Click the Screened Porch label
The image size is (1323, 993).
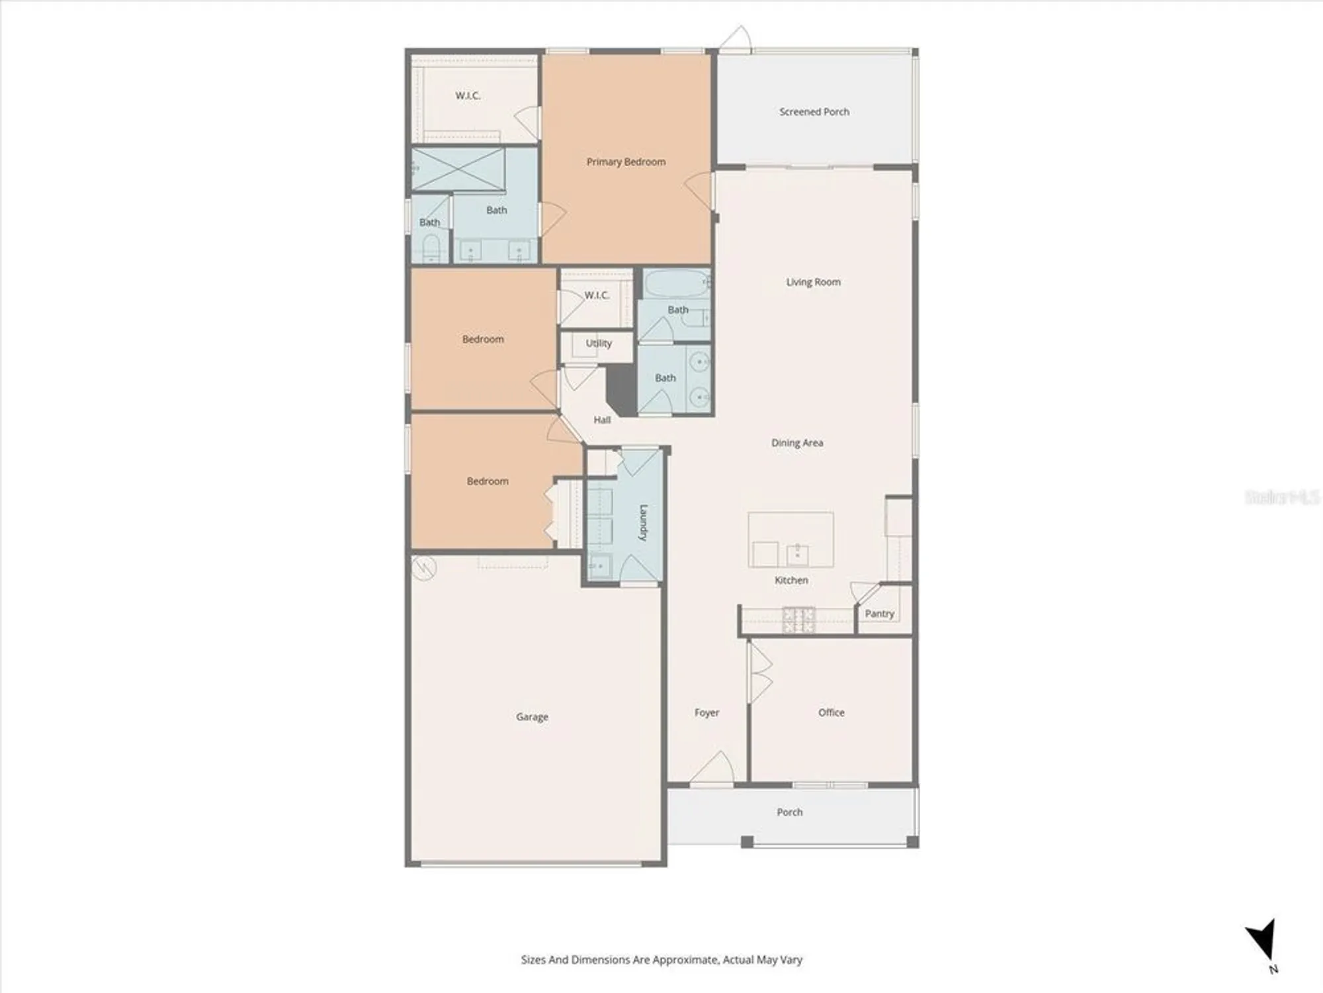pyautogui.click(x=814, y=112)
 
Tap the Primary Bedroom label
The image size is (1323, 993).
pyautogui.click(x=626, y=162)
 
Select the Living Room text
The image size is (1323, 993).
pyautogui.click(x=813, y=282)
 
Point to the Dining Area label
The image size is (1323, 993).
pyautogui.click(x=797, y=443)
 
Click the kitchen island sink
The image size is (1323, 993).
pyautogui.click(x=798, y=554)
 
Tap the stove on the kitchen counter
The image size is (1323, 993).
pyautogui.click(x=798, y=620)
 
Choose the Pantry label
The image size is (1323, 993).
pyautogui.click(x=879, y=614)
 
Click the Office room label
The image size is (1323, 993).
pyautogui.click(x=831, y=712)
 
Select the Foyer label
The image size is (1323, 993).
pyautogui.click(x=706, y=712)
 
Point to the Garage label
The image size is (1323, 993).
pyautogui.click(x=532, y=716)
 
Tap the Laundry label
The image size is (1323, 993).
pyautogui.click(x=643, y=523)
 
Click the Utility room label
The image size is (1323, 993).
pyautogui.click(x=599, y=343)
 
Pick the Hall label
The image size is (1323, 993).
pyautogui.click(x=602, y=420)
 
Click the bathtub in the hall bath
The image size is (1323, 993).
pyautogui.click(x=675, y=284)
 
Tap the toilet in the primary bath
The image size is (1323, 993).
pyautogui.click(x=431, y=248)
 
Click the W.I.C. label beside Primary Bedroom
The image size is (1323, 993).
pyautogui.click(x=468, y=96)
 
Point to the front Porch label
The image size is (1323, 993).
pyautogui.click(x=789, y=812)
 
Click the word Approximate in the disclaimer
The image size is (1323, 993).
pyautogui.click(x=685, y=959)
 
